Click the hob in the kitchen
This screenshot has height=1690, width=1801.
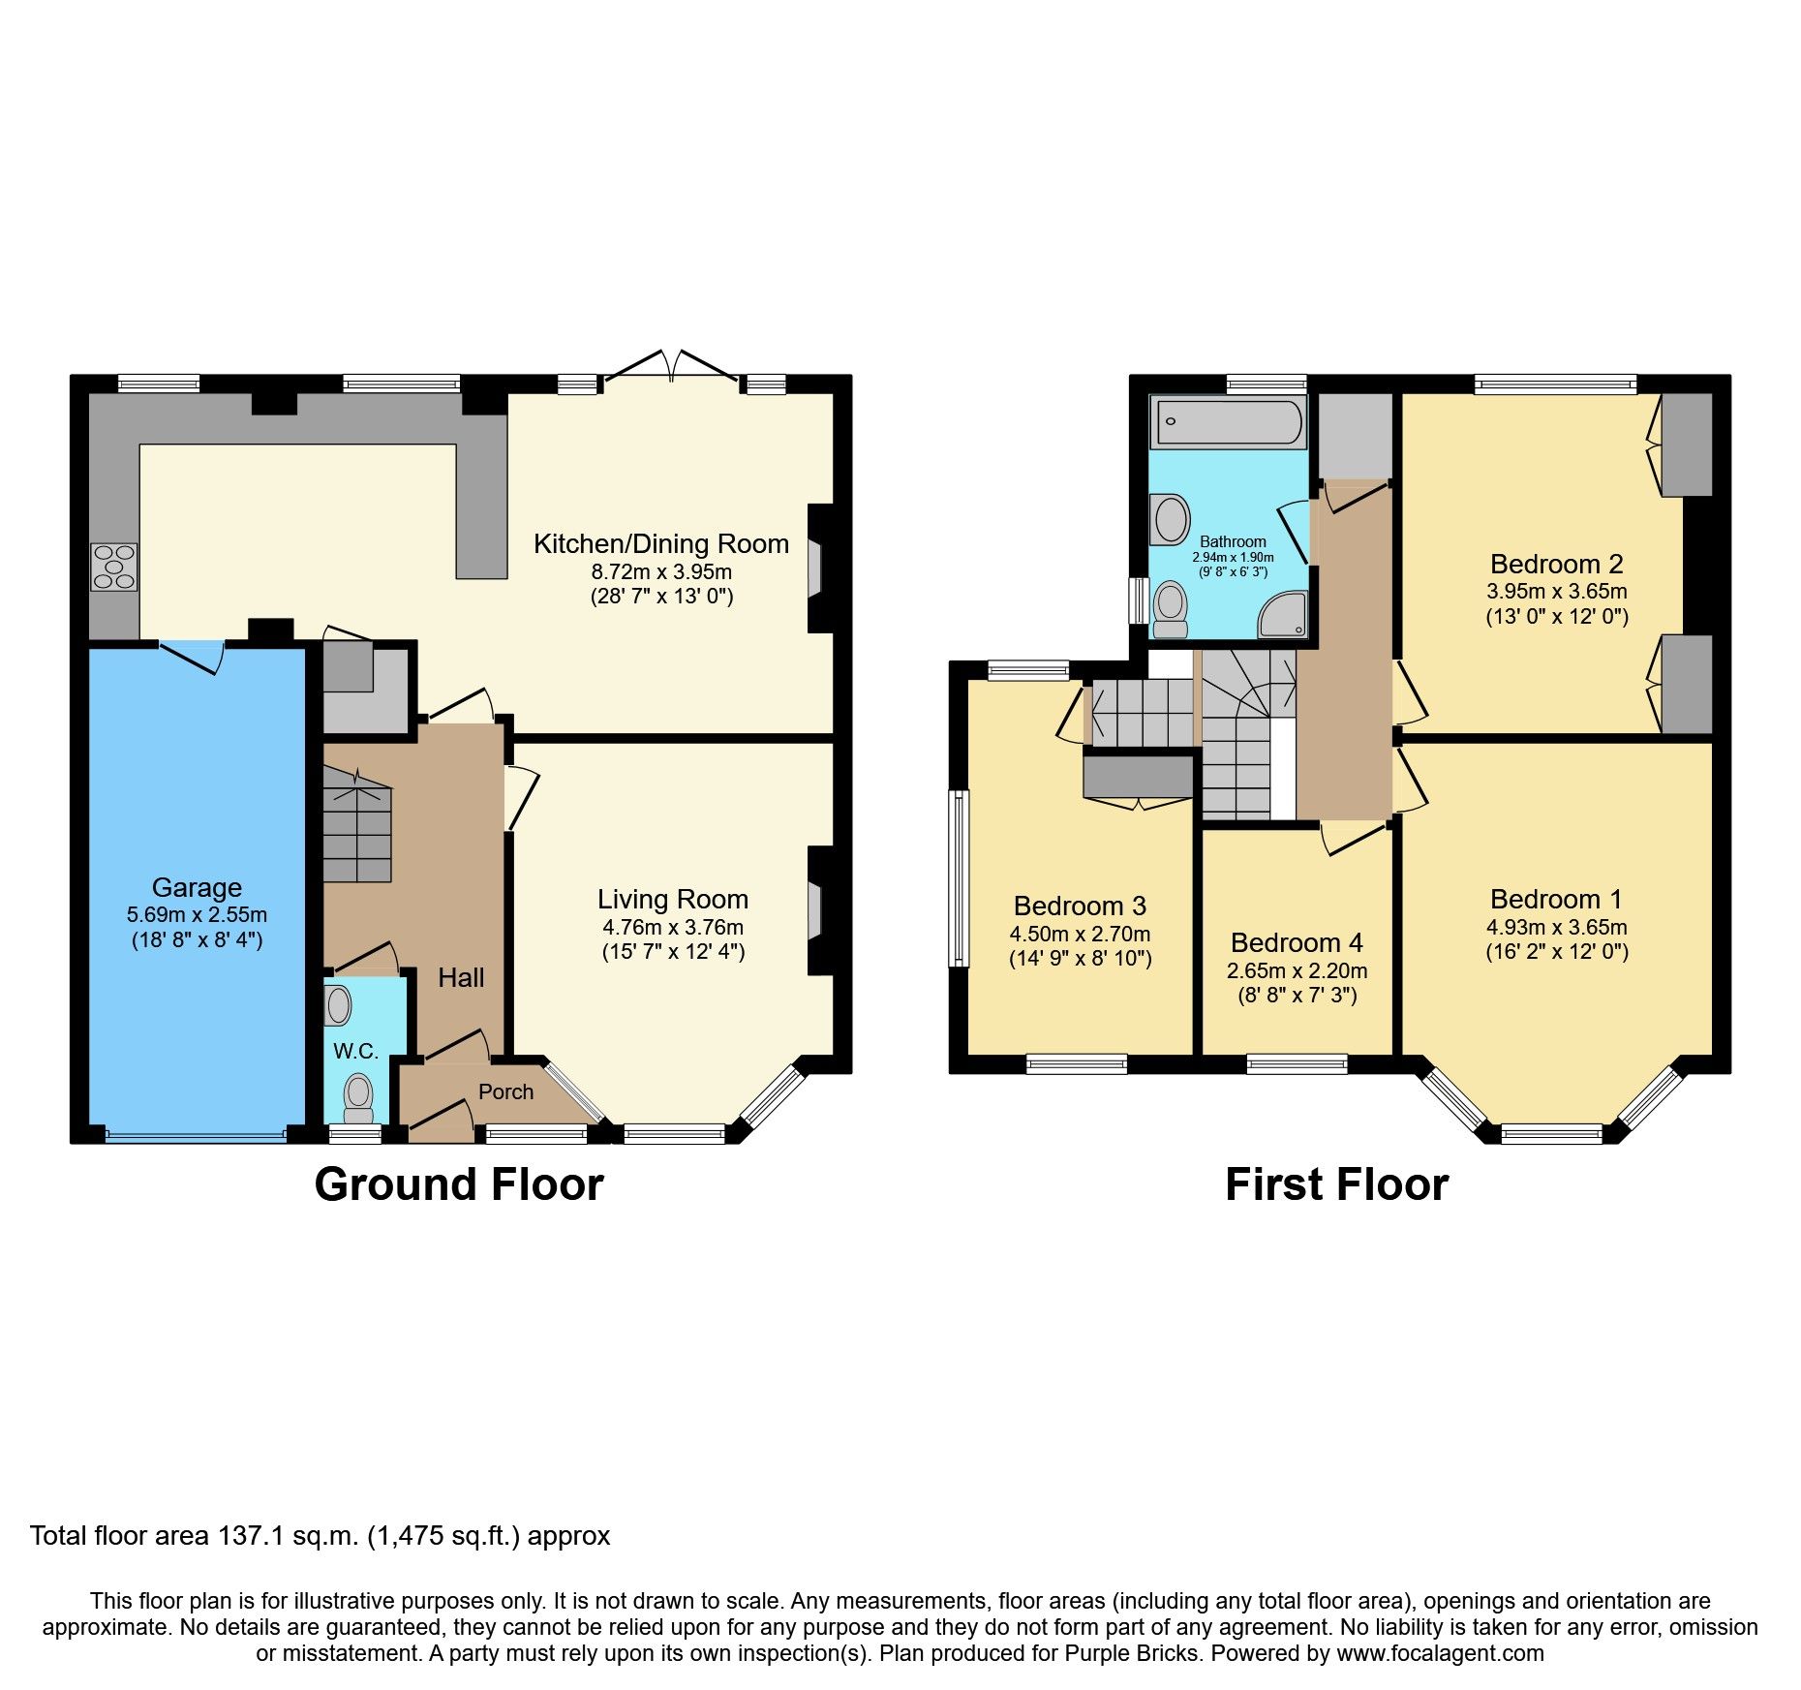pos(114,567)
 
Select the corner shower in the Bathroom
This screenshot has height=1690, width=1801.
pos(1285,616)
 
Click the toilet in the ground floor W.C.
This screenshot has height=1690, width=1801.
pos(359,1095)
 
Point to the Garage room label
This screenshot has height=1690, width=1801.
pos(197,887)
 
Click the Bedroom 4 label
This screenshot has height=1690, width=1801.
pos(1297,942)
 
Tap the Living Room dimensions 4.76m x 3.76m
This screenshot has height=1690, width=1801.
pos(673,927)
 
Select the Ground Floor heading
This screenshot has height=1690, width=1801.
pos(459,1184)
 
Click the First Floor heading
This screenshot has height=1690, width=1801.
pos(1336,1184)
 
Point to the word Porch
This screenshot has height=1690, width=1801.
pos(505,1091)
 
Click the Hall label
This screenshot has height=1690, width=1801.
pos(461,977)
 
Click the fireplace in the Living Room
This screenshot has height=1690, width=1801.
pos(815,910)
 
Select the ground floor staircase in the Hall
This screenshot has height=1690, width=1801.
pos(356,824)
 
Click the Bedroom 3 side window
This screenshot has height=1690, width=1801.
pos(959,877)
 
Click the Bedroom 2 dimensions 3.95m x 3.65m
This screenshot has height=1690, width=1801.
pos(1556,591)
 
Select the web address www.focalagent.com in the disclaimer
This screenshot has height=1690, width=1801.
pos(1440,1653)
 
